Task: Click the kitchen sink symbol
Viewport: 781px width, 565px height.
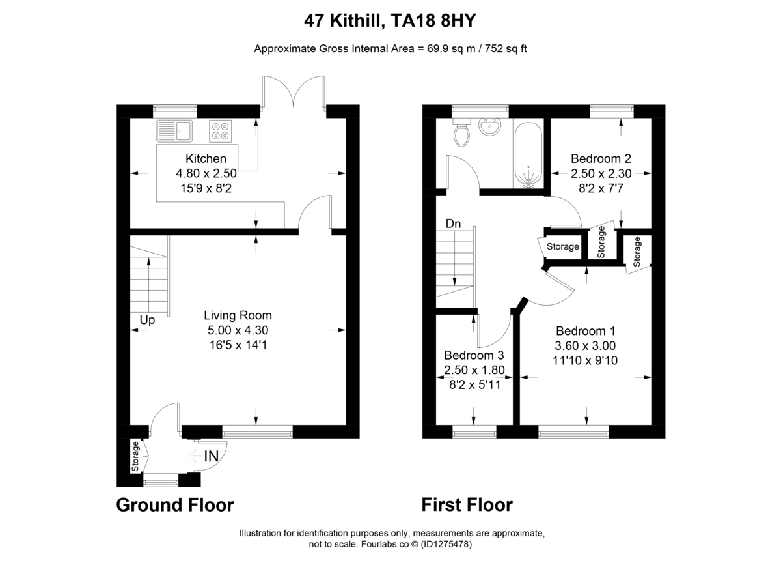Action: [x=174, y=131]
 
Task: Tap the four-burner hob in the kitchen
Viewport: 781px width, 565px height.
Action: [x=221, y=130]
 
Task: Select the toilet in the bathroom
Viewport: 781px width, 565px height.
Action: [x=462, y=134]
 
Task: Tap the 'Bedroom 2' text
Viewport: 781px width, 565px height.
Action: [x=601, y=158]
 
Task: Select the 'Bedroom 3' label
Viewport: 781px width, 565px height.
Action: [x=474, y=356]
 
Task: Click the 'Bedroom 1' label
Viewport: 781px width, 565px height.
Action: [x=586, y=331]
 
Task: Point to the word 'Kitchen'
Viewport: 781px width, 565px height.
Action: [x=206, y=158]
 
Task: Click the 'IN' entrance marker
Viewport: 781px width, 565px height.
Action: [x=211, y=457]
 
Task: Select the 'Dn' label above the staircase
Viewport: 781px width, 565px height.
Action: [x=453, y=224]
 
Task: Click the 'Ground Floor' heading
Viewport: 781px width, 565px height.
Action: [x=174, y=504]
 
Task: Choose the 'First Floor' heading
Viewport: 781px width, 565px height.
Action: [x=467, y=504]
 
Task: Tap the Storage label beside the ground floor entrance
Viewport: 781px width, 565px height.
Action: [x=136, y=457]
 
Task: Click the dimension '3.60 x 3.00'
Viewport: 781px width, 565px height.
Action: [x=586, y=345]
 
